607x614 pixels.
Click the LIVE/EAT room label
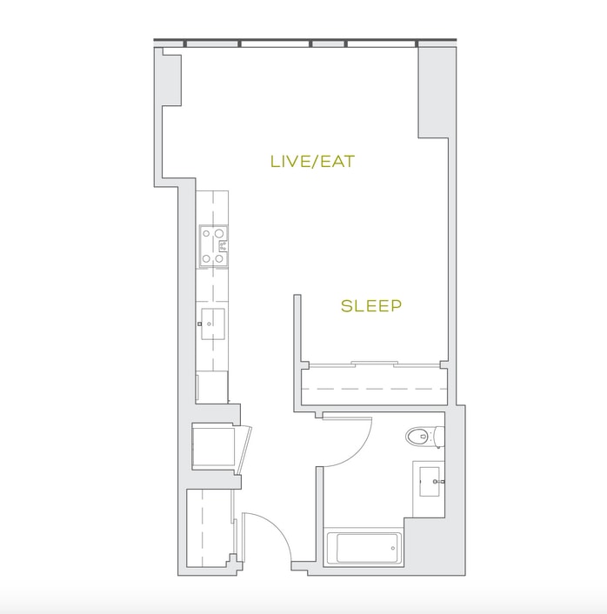(312, 162)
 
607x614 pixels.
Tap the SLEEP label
(370, 306)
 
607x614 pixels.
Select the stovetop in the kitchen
(213, 246)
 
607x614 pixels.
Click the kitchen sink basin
(213, 324)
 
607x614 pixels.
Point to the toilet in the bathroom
(424, 437)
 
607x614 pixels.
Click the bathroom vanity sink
(430, 481)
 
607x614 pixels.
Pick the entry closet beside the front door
(209, 527)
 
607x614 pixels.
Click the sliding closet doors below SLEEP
(375, 364)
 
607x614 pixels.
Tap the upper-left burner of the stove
(206, 234)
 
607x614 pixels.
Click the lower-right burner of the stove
(219, 258)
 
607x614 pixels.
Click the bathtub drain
(393, 548)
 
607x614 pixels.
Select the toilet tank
(439, 437)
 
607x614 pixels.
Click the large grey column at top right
(433, 92)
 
